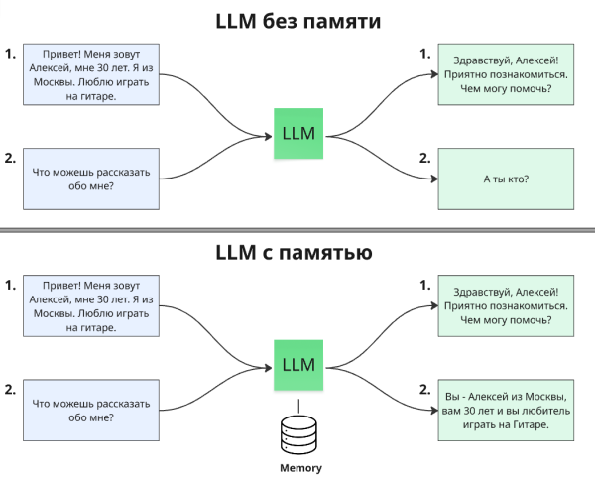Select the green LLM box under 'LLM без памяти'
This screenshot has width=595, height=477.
298,134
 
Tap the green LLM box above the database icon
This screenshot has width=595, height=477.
298,365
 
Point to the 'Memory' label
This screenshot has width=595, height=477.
298,466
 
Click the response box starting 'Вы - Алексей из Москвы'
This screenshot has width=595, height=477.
505,411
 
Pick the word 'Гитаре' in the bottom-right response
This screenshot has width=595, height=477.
525,424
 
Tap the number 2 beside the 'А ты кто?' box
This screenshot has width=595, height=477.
424,157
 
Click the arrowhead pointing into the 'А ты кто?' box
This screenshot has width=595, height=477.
433,179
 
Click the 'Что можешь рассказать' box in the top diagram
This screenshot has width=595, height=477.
91,179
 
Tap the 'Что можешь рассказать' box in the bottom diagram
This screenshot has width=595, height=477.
91,411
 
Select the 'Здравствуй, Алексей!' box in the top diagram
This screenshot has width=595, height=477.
505,74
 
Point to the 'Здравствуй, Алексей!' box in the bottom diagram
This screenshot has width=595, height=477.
505,306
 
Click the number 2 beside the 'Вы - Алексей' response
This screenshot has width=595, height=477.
424,389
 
